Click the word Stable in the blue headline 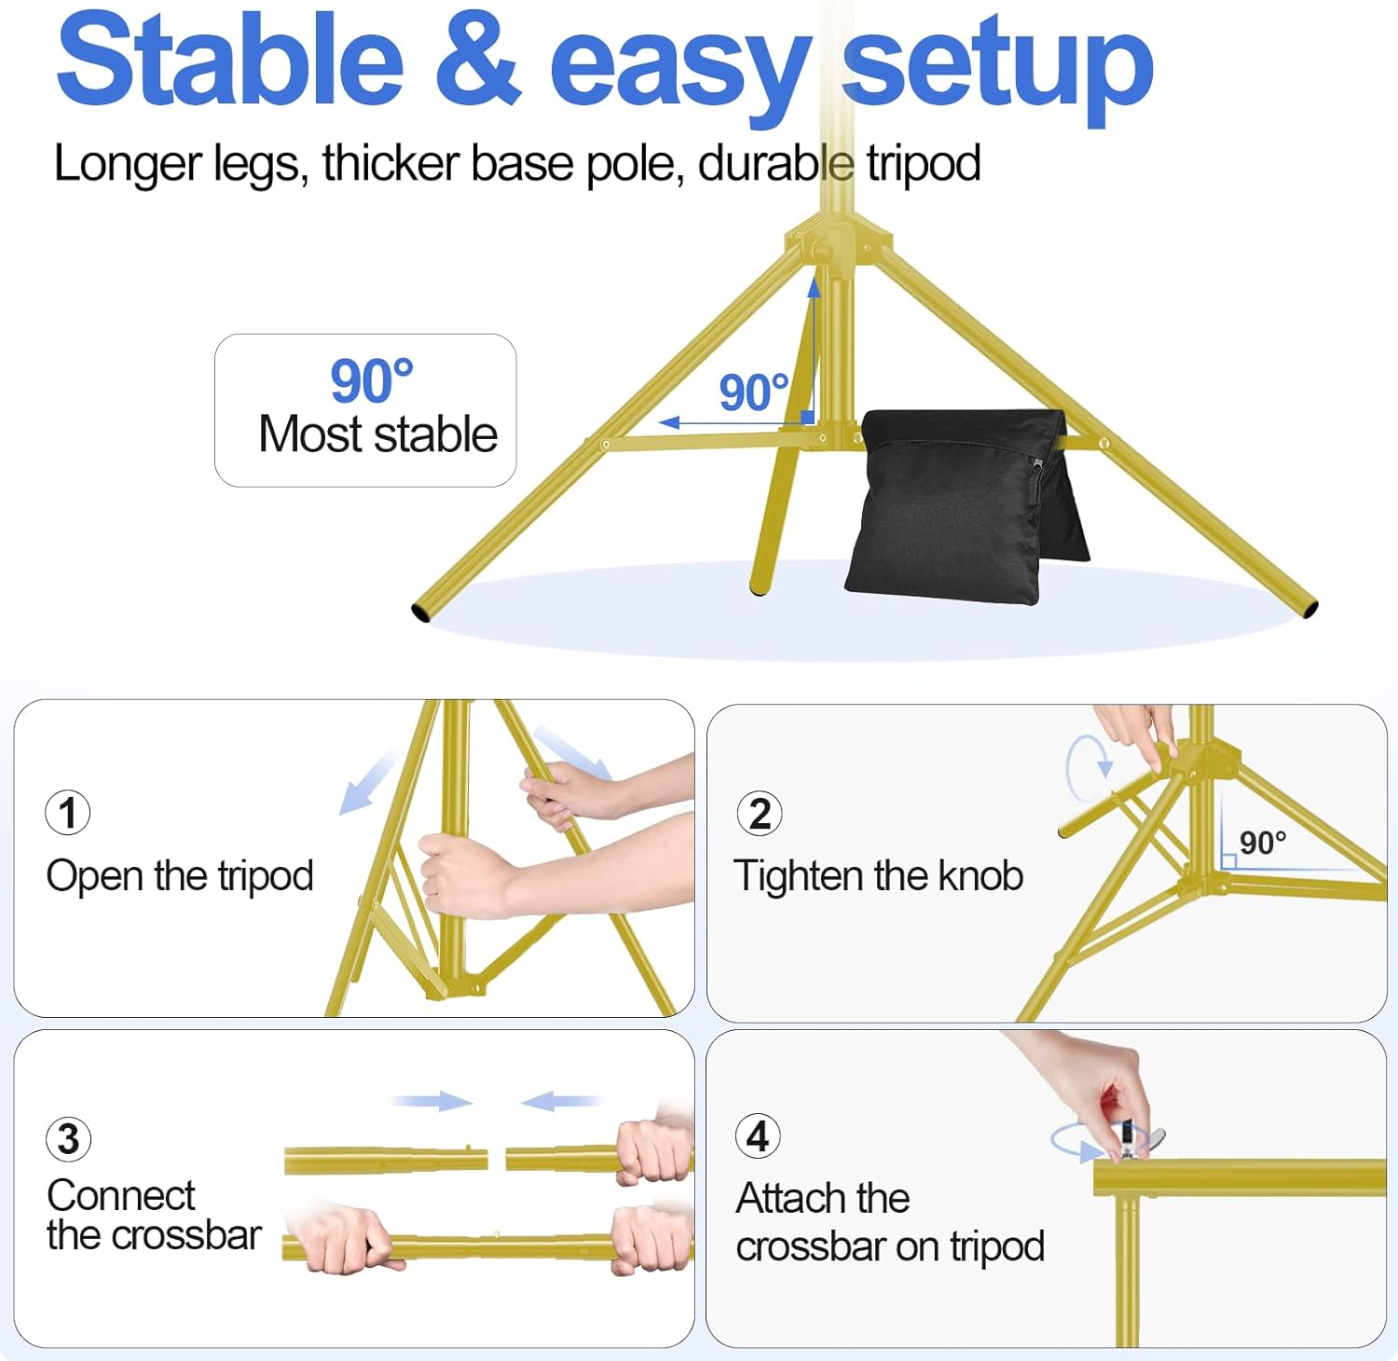click(x=229, y=62)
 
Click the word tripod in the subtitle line click(x=923, y=164)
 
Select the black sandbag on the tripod click(x=960, y=503)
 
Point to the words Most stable click(x=377, y=434)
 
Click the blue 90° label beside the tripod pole click(x=753, y=392)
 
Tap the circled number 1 click(x=68, y=812)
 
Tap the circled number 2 click(x=760, y=814)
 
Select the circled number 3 click(x=68, y=1139)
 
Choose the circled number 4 click(x=758, y=1136)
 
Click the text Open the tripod click(x=180, y=876)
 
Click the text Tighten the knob click(x=878, y=876)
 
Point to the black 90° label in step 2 click(x=1262, y=843)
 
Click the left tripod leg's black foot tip click(x=420, y=613)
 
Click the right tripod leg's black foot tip click(x=1310, y=610)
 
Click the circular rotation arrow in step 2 click(x=1086, y=767)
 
